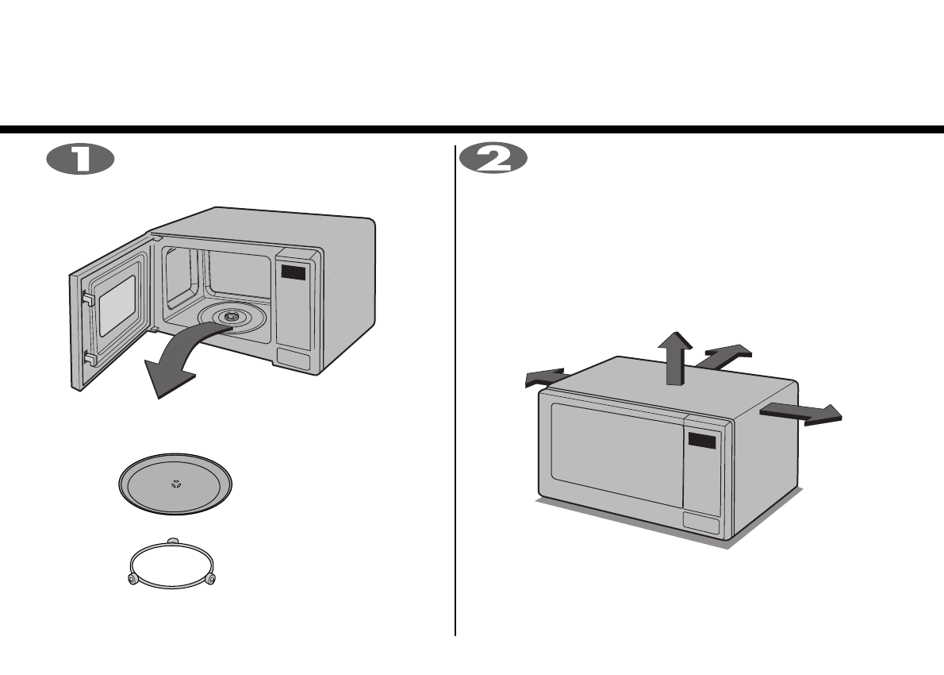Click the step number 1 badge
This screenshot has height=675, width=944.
80,159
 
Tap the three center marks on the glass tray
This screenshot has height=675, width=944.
175,484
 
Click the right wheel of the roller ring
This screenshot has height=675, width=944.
210,580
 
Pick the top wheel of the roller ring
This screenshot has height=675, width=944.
172,542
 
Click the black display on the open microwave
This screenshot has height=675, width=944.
293,273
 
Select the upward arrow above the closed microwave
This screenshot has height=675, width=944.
675,357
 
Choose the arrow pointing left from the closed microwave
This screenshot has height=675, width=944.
543,378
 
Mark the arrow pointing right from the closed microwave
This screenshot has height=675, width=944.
801,413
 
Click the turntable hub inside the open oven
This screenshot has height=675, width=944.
232,317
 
